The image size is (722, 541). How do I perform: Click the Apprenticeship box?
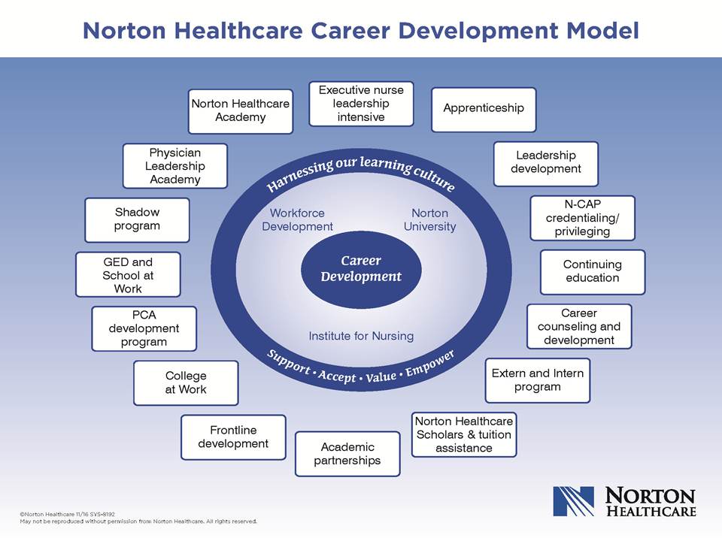click(x=484, y=110)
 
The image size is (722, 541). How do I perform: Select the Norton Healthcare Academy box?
click(x=241, y=111)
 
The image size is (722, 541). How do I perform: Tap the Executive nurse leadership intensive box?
click(x=361, y=104)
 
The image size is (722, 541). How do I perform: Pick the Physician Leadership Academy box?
click(x=175, y=166)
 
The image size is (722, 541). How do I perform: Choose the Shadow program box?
click(x=137, y=220)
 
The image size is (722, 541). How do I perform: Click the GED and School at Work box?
click(x=128, y=275)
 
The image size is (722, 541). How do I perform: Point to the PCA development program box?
click(x=144, y=328)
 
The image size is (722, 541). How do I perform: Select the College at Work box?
click(x=186, y=382)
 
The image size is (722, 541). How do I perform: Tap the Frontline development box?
click(x=233, y=437)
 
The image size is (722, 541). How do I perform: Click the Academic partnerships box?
click(x=347, y=454)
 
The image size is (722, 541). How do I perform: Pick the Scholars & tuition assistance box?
click(x=464, y=434)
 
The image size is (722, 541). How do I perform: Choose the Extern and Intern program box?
click(x=537, y=380)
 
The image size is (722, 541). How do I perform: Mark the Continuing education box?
click(x=593, y=272)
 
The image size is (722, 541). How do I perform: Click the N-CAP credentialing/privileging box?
click(x=582, y=218)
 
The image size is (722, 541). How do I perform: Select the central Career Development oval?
click(x=361, y=269)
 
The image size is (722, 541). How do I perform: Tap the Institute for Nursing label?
click(x=361, y=337)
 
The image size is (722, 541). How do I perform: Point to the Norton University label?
click(x=429, y=220)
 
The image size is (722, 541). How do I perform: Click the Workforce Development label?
click(x=298, y=220)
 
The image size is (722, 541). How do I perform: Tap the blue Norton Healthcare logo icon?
click(x=574, y=501)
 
